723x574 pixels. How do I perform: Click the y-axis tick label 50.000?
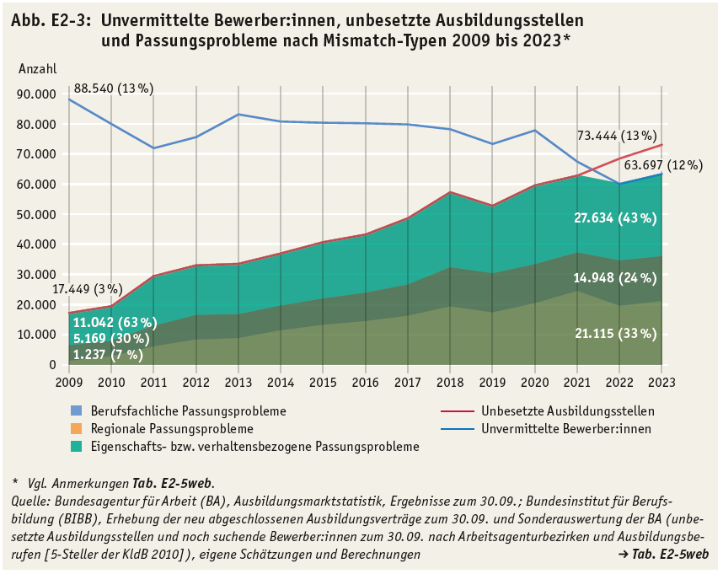(x=37, y=214)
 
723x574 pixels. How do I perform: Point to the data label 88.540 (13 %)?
(x=114, y=88)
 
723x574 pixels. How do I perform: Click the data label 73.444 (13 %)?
(x=616, y=135)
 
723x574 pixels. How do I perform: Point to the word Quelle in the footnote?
(x=29, y=500)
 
